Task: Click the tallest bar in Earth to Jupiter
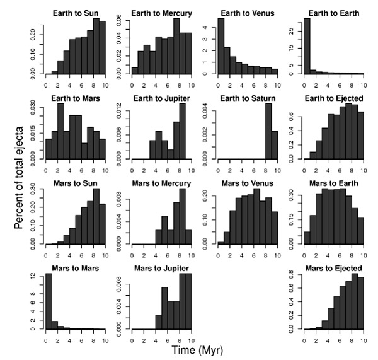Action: pyautogui.click(x=182, y=131)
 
